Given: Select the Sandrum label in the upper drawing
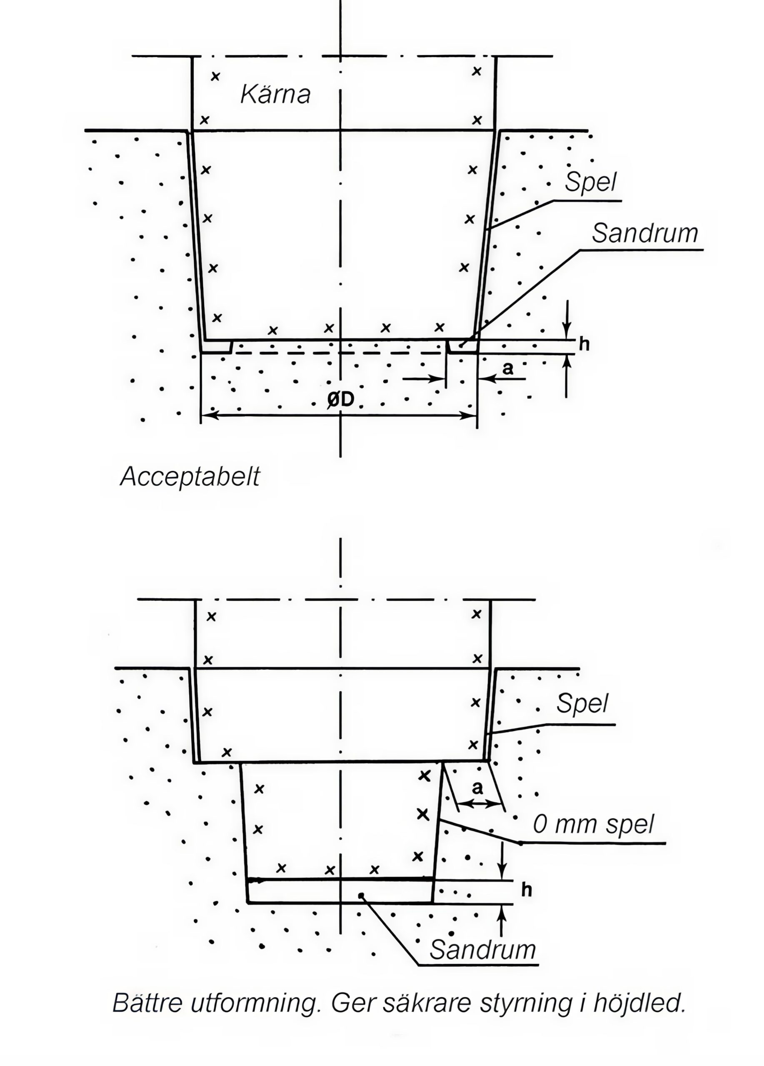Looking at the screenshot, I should (644, 233).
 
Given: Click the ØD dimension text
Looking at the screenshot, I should (340, 399).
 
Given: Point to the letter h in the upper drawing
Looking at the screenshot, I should (584, 344).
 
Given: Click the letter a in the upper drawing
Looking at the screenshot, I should (507, 369).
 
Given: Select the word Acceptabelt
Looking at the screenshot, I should (190, 477).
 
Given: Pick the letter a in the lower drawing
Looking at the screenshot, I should (477, 788).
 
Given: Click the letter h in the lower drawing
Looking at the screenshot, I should (527, 890).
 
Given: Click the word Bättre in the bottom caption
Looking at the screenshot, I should (147, 1003).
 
